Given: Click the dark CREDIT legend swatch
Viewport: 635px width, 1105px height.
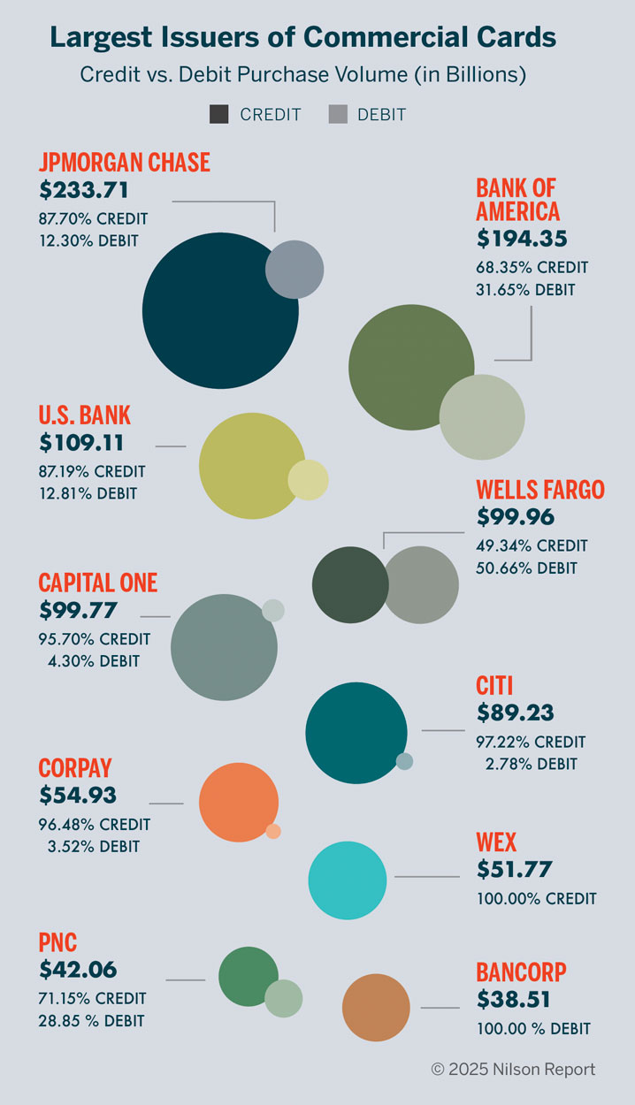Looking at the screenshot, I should click(219, 114).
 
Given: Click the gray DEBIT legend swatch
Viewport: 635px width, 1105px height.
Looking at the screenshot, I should click(338, 114).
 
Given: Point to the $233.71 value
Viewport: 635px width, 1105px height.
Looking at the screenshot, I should click(84, 190).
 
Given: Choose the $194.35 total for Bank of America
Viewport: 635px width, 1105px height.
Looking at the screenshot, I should click(522, 239).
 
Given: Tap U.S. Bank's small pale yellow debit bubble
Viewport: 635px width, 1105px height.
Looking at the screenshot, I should click(309, 480).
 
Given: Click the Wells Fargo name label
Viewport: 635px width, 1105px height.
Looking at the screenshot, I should click(539, 490).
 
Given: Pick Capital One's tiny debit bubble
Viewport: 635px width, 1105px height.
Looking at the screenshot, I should click(273, 610).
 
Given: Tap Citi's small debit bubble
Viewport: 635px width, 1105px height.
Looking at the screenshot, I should click(404, 761).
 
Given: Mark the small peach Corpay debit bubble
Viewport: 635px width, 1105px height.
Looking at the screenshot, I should click(273, 831).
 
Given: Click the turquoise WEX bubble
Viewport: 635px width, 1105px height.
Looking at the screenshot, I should click(348, 880).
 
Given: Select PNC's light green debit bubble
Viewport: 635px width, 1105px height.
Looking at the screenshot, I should click(284, 998).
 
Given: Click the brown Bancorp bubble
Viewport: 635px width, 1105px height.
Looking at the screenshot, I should click(376, 1007).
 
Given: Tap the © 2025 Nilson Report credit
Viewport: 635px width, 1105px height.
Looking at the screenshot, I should click(513, 1070).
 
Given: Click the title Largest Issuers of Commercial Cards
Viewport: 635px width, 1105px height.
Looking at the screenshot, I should click(302, 37).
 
